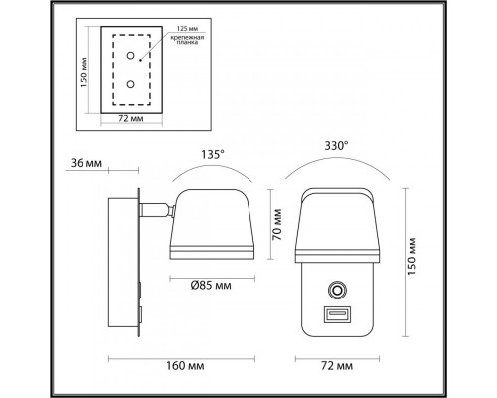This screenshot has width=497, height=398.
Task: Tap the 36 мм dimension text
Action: point(86,164)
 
